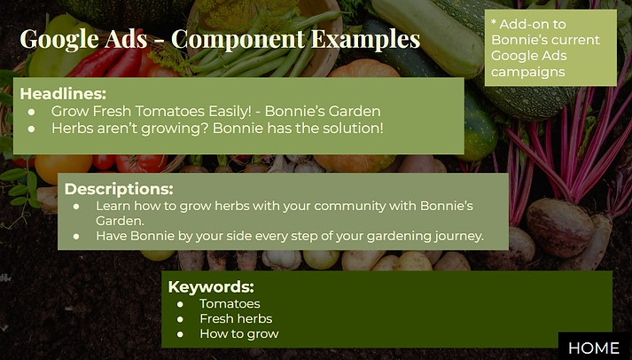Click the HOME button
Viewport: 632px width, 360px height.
pyautogui.click(x=595, y=347)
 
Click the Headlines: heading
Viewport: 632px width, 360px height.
pyautogui.click(x=63, y=93)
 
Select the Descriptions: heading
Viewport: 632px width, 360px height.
pyautogui.click(x=119, y=189)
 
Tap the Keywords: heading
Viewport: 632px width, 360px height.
pyautogui.click(x=211, y=286)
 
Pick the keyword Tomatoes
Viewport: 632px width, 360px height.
pyautogui.click(x=230, y=303)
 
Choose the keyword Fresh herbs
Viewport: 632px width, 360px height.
pyautogui.click(x=236, y=319)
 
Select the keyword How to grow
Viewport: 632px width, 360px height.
pyautogui.click(x=239, y=333)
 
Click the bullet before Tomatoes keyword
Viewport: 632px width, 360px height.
pyautogui.click(x=180, y=304)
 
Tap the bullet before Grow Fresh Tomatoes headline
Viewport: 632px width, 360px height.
pyautogui.click(x=31, y=112)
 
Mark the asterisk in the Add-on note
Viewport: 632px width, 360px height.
pyautogui.click(x=494, y=22)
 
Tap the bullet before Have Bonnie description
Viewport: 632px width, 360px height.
pyautogui.click(x=76, y=236)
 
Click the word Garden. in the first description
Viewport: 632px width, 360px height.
pyautogui.click(x=120, y=221)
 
